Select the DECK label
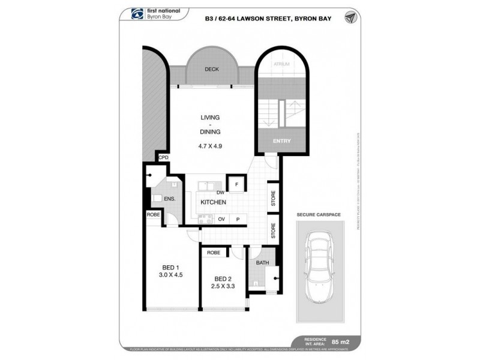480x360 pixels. tap(211, 70)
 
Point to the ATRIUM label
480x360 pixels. tap(281, 64)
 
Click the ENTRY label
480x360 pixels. tap(281, 142)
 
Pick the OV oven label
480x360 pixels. tap(221, 220)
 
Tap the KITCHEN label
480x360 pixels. tap(214, 203)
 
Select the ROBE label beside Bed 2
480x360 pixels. tap(214, 253)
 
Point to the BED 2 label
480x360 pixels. tap(223, 278)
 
